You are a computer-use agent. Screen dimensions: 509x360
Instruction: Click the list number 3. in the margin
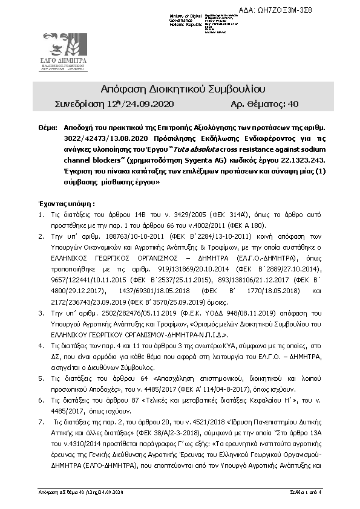(41, 314)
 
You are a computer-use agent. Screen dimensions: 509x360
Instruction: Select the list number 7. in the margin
(41, 420)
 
